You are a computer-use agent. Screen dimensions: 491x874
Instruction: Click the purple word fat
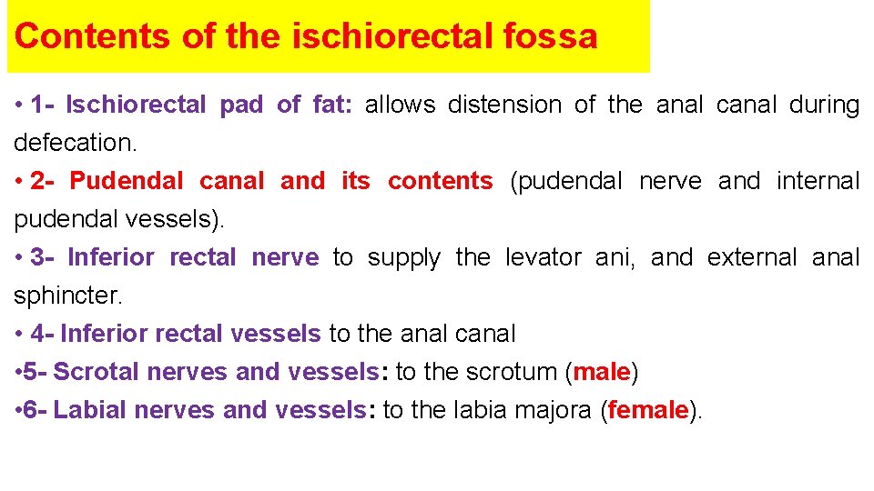329,105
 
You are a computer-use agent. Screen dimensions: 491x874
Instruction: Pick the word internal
818,181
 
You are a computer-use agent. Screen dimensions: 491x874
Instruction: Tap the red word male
602,372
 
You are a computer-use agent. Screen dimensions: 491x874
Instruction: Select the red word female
648,410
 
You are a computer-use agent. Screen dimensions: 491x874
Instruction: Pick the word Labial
91,410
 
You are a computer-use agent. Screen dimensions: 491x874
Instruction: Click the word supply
403,257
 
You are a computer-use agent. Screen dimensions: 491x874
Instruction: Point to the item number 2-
44,181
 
